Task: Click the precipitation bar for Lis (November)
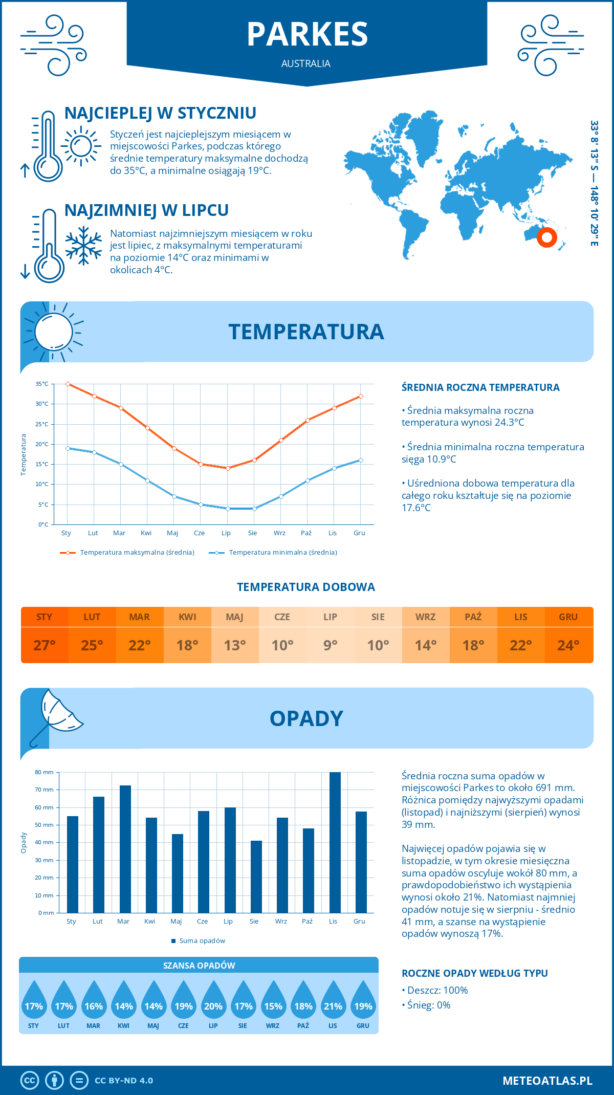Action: coord(335,842)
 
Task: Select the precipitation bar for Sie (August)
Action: coord(256,877)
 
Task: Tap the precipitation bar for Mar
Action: coord(125,849)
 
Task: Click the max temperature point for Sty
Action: coord(68,384)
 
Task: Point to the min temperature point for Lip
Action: coord(228,509)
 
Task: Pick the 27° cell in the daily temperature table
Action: coord(45,645)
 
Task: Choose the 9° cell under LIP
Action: coord(330,645)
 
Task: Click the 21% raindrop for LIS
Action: coord(333,1002)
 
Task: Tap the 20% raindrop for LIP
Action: coord(213,1002)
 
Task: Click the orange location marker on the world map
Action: coord(547,237)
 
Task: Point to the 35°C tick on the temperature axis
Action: coord(42,384)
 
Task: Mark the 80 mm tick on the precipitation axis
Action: coord(45,772)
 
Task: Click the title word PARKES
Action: coord(307,34)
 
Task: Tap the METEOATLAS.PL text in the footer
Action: coord(547,1080)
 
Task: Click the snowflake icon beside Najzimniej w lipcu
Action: coord(83,245)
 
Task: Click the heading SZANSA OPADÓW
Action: coord(199,966)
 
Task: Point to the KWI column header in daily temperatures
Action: coord(187,617)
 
